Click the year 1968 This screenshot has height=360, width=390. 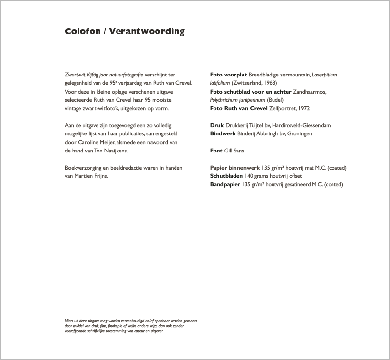[x=263, y=83]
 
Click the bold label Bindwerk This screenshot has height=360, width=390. [x=223, y=133]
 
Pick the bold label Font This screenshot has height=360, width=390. [x=216, y=151]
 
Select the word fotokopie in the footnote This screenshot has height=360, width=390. [x=108, y=326]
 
